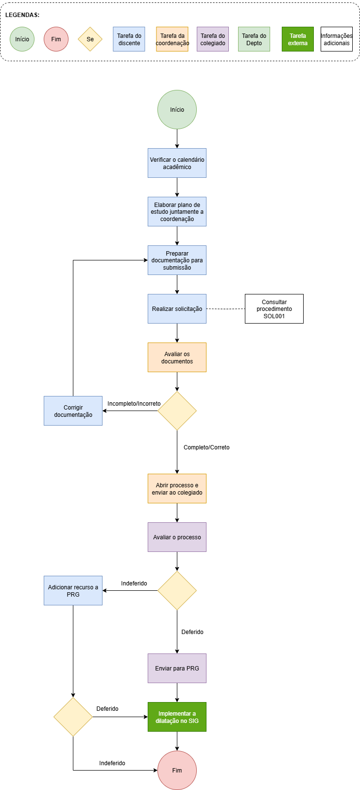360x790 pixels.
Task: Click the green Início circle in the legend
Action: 22,39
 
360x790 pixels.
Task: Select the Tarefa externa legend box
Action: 298,39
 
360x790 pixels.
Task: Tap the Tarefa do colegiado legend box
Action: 213,39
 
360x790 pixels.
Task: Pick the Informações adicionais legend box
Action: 336,39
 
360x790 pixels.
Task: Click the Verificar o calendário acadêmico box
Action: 177,163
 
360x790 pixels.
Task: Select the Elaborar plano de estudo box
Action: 177,212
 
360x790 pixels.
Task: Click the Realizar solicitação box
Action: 177,309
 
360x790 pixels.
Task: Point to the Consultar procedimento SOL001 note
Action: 274,309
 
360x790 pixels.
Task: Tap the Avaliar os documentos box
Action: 177,357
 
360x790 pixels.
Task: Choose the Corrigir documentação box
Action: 73,411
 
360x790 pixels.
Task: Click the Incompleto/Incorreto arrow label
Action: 134,403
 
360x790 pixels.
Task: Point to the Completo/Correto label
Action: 206,447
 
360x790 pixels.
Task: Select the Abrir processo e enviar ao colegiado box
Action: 177,488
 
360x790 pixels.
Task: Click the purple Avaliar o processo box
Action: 177,537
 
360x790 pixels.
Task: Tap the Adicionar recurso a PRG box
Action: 73,591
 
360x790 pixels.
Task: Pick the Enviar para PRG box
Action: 177,669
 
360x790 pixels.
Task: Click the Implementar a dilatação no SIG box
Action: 177,717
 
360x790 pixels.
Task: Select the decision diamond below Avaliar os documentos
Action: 177,411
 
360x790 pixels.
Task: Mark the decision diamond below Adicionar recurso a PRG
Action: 73,717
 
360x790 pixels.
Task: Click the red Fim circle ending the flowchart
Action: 177,770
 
